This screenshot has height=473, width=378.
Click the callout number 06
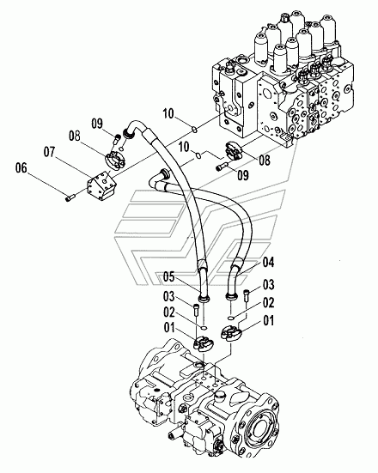(21, 167)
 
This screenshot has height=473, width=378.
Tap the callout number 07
(50, 152)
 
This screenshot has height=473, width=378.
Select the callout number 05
(169, 276)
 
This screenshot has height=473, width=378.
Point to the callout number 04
(268, 263)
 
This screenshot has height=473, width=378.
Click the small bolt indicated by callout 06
(70, 198)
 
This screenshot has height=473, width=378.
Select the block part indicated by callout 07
(101, 185)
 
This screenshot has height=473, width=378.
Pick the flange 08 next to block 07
(115, 161)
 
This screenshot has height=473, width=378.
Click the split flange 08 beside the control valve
(234, 150)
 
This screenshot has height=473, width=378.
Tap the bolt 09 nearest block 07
(117, 139)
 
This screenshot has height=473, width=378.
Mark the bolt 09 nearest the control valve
(222, 167)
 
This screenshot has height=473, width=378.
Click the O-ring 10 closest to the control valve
(195, 130)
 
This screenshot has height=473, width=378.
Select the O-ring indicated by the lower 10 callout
(198, 155)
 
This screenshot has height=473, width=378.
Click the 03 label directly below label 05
(169, 297)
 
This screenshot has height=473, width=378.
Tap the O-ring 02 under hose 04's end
(230, 318)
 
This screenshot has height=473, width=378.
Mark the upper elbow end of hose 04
(160, 178)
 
